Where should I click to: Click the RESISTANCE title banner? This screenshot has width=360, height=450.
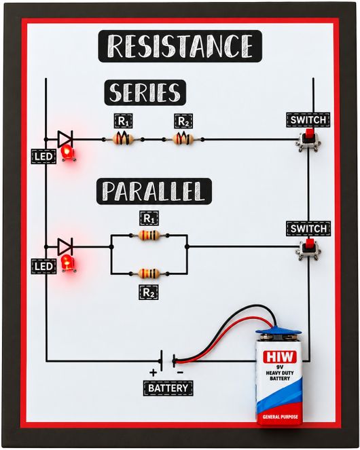tap(180, 46)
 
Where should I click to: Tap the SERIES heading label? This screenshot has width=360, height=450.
tap(145, 93)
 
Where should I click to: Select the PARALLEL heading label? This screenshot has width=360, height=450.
tap(154, 191)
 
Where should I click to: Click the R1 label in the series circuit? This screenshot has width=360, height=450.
tap(123, 121)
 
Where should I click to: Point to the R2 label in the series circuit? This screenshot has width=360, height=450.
tap(183, 121)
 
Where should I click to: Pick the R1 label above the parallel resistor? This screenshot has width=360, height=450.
tap(149, 219)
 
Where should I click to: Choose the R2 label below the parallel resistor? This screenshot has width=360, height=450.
tap(149, 292)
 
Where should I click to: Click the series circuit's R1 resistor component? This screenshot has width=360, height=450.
tap(123, 139)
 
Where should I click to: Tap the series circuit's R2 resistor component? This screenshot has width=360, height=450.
tap(183, 139)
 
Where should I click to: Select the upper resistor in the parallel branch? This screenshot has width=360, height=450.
tap(149, 236)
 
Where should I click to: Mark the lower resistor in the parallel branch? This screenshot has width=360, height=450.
tap(149, 274)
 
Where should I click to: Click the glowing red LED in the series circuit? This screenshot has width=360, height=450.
tap(67, 152)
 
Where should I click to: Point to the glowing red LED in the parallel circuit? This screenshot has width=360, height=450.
tap(68, 262)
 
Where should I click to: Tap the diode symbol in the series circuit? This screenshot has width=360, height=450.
tap(65, 139)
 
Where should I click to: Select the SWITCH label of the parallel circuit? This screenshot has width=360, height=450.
tap(308, 229)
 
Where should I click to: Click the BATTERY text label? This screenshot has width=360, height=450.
tap(168, 388)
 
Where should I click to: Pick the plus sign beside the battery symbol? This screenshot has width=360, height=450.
tap(153, 373)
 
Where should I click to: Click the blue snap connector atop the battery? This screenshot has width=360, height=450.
tap(278, 333)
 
